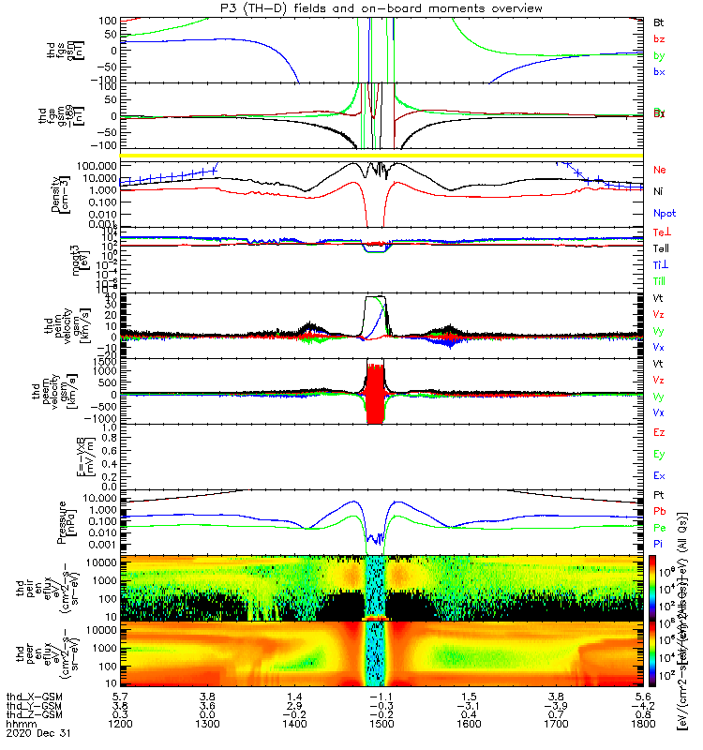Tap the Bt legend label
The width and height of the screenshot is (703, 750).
click(659, 22)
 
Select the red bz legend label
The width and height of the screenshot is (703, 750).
click(659, 38)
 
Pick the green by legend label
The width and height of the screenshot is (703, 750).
click(659, 55)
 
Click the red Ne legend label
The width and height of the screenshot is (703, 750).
click(660, 170)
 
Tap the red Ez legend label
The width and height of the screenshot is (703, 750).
click(659, 434)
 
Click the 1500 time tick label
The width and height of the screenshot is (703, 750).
click(381, 725)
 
